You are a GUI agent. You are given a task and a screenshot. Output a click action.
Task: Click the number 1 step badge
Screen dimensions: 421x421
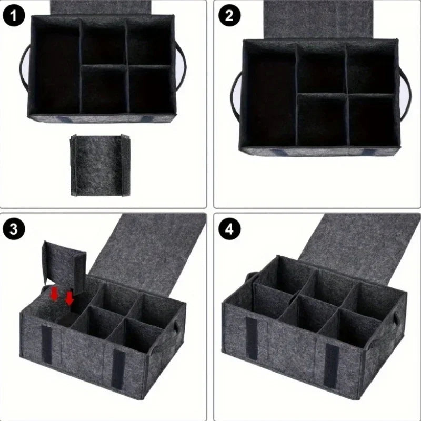(x=16, y=16)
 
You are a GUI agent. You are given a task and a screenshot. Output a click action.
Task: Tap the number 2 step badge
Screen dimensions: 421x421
(x=229, y=16)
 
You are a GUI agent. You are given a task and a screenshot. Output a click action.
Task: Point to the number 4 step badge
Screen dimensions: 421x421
(x=229, y=229)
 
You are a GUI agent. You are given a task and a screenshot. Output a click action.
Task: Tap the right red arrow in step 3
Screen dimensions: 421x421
(x=69, y=298)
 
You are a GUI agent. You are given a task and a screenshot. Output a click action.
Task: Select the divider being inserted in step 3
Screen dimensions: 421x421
(x=63, y=263)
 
